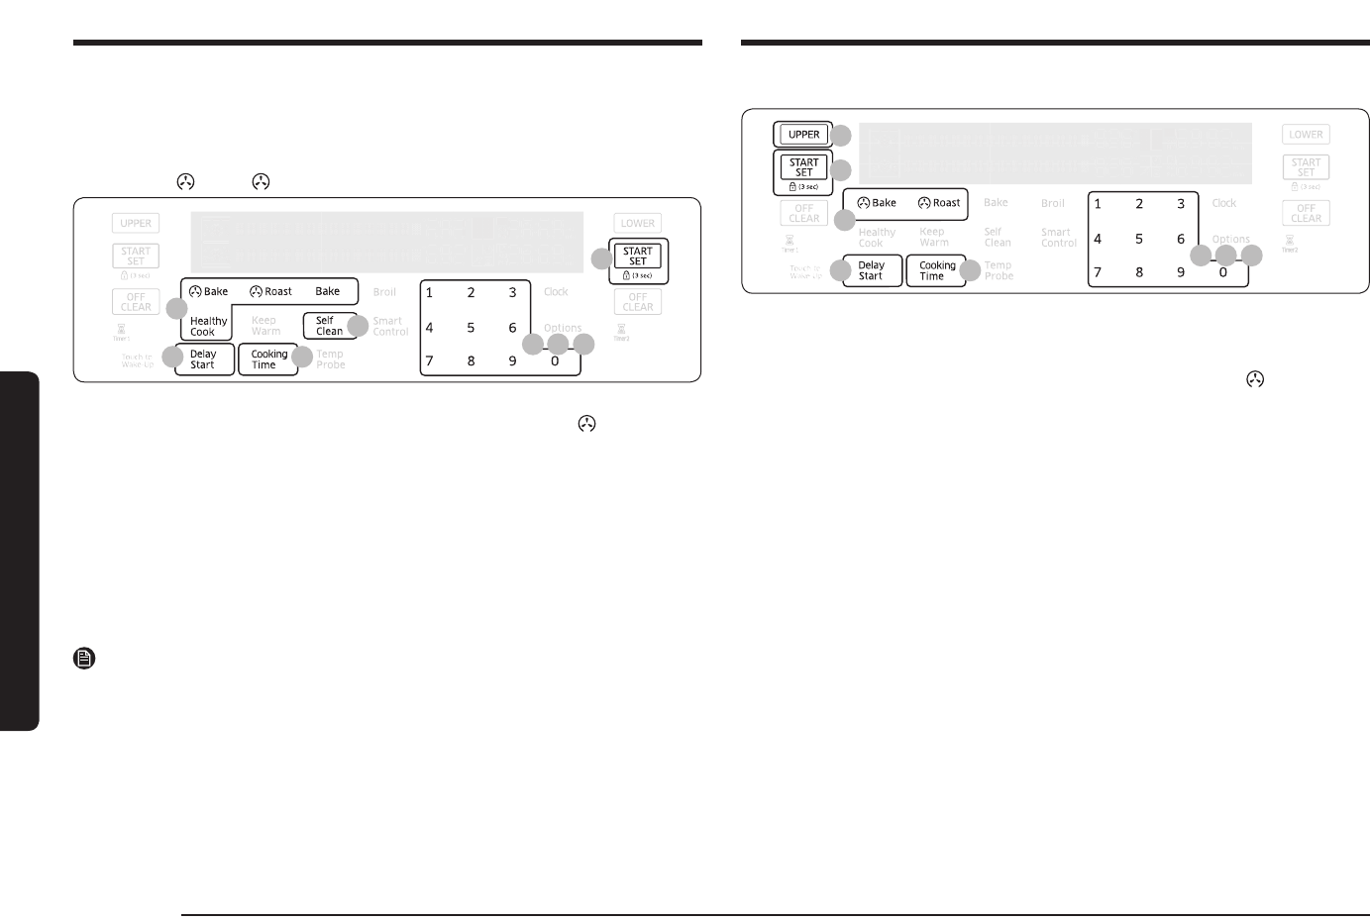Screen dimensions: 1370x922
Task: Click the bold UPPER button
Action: point(803,135)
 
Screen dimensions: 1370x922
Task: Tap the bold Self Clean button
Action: point(329,326)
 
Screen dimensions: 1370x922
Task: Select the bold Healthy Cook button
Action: point(208,326)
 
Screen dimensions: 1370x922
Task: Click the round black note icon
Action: point(84,658)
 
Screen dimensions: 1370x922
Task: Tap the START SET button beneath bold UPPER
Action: point(803,168)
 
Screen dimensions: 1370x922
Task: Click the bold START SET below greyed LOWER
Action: point(638,257)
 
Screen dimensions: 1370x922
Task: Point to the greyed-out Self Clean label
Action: point(997,237)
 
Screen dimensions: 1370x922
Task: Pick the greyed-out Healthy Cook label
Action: point(876,237)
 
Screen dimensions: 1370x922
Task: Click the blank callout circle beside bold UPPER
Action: point(841,136)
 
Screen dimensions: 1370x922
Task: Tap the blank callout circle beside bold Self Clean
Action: point(359,326)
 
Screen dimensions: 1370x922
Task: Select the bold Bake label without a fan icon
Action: point(327,291)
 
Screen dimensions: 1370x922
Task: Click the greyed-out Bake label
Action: point(996,203)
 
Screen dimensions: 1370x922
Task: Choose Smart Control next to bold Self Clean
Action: point(390,326)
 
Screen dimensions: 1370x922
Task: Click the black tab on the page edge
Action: point(19,551)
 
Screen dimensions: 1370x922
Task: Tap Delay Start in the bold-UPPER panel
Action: point(871,270)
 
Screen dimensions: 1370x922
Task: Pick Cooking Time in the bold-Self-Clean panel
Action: point(268,359)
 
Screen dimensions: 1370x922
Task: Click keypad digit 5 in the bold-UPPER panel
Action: point(1139,239)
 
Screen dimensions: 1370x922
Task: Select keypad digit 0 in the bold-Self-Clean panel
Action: point(555,361)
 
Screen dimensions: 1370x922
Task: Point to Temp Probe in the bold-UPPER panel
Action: point(998,270)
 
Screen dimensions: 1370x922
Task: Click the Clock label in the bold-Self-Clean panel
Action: point(556,292)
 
